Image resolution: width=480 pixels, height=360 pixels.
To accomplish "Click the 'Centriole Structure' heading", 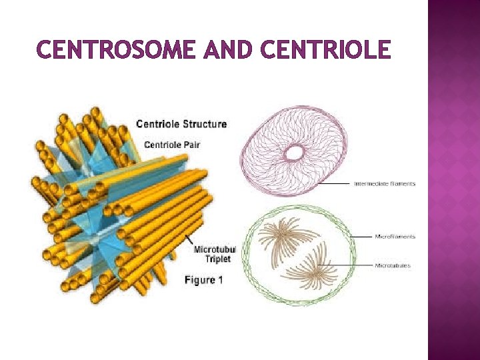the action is (181, 124).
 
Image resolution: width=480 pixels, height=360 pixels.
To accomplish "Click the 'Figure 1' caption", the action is (203, 280).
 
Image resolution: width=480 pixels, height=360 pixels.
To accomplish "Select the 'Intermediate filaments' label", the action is (384, 184).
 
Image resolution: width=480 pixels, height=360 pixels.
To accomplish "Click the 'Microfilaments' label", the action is (395, 236).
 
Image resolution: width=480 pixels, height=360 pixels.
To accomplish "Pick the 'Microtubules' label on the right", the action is (393, 265).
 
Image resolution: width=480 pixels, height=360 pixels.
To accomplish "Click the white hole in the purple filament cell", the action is (294, 153).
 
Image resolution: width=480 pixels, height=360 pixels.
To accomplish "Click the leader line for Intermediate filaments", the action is (333, 183).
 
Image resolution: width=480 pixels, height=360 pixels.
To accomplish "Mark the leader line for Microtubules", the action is (353, 265).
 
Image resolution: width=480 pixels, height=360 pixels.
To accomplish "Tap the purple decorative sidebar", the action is (453, 180).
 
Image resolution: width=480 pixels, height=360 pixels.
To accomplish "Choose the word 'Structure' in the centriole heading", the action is (203, 124).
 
